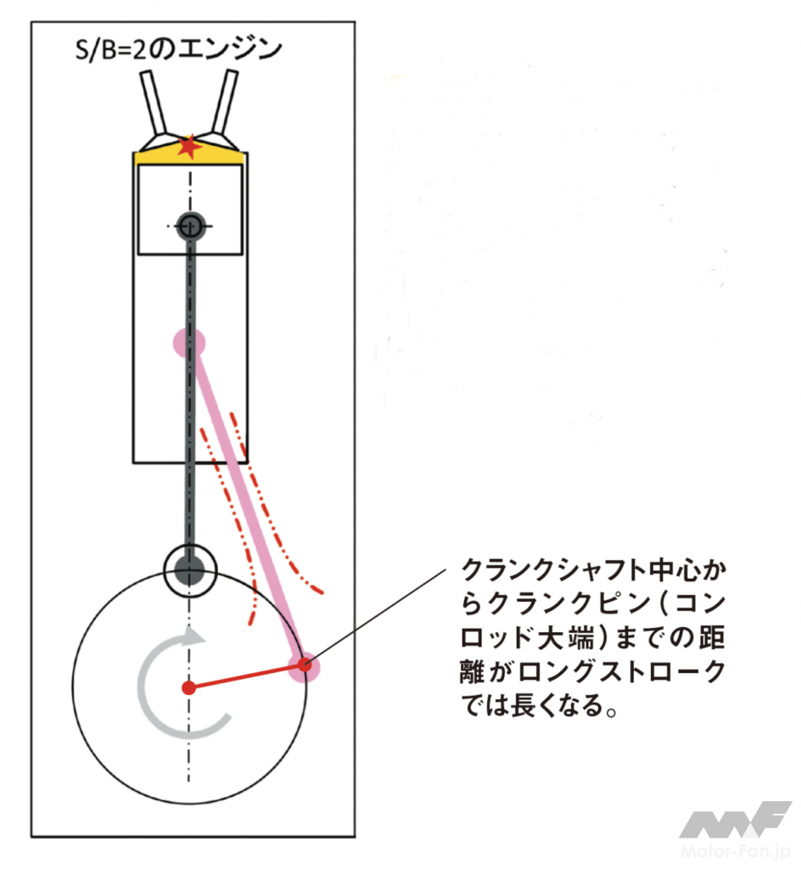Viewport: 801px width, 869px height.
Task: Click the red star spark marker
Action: click(189, 146)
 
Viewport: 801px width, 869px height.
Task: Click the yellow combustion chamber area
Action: click(189, 155)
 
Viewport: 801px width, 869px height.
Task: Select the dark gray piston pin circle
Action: click(191, 226)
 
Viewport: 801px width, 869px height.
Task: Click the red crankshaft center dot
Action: click(189, 687)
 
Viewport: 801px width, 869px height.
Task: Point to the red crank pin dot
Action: click(304, 664)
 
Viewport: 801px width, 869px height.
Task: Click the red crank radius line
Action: click(247, 676)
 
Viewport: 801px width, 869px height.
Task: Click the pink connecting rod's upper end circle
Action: click(189, 343)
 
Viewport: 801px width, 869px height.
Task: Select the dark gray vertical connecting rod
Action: click(190, 399)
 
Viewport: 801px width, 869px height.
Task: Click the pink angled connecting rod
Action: click(247, 504)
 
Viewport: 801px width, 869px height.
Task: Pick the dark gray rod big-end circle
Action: click(190, 570)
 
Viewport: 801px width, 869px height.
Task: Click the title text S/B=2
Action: click(111, 50)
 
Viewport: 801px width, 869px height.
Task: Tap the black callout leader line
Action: click(376, 616)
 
